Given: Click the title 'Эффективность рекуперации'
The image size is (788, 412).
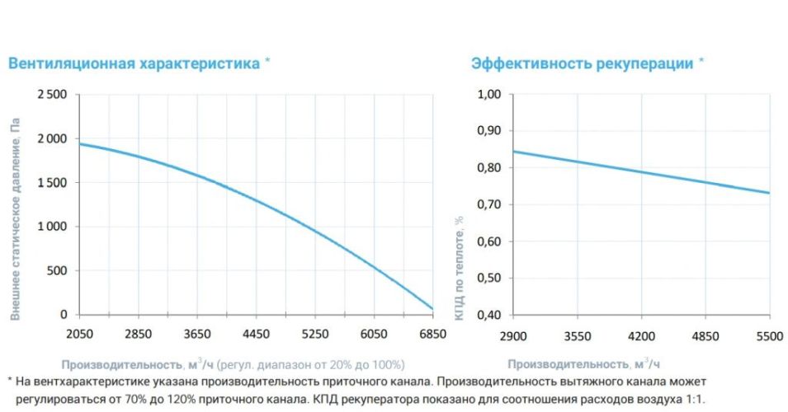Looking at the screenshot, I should pyautogui.click(x=582, y=63).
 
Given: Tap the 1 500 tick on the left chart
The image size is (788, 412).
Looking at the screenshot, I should pyautogui.click(x=51, y=182).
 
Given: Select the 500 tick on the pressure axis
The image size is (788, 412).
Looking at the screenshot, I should pyautogui.click(x=56, y=270).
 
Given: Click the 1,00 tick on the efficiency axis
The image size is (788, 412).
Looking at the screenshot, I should pyautogui.click(x=490, y=95).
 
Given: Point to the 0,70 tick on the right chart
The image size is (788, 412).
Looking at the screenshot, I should pyautogui.click(x=490, y=204).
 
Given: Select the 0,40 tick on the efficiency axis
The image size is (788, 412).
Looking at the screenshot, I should pyautogui.click(x=490, y=315).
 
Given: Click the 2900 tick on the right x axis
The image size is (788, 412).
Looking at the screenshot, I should pyautogui.click(x=513, y=335).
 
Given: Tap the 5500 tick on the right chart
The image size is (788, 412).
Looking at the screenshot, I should pyautogui.click(x=769, y=335).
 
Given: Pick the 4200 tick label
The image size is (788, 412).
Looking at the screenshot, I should pyautogui.click(x=641, y=335).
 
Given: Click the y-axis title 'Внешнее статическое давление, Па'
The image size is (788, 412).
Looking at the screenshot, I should pyautogui.click(x=15, y=218).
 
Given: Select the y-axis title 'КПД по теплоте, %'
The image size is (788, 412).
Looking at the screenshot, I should pyautogui.click(x=459, y=268).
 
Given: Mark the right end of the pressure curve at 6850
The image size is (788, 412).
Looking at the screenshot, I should pyautogui.click(x=432, y=309).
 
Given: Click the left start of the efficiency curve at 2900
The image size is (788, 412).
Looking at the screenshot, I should pyautogui.click(x=514, y=152).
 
